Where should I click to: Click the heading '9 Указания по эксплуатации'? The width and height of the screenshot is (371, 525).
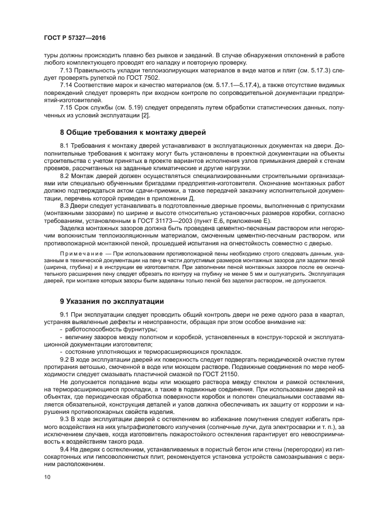(x=112, y=301)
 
